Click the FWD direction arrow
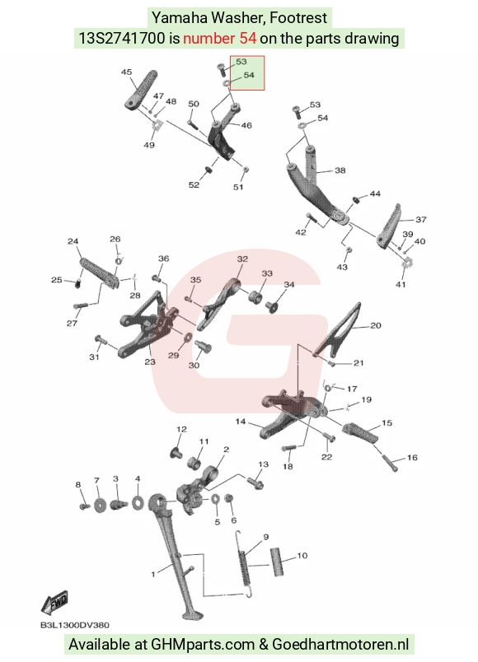point(54,603)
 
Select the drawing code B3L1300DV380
point(75,625)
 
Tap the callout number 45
point(126,72)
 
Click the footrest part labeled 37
point(389,227)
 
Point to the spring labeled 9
point(243,564)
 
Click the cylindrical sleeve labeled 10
point(277,562)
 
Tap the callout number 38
point(340,170)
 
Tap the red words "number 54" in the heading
point(219,39)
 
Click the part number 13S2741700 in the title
point(122,39)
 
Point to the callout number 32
point(242,259)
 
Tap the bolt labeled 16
point(391,463)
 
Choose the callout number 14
point(241,422)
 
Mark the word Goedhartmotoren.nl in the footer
point(340,644)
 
